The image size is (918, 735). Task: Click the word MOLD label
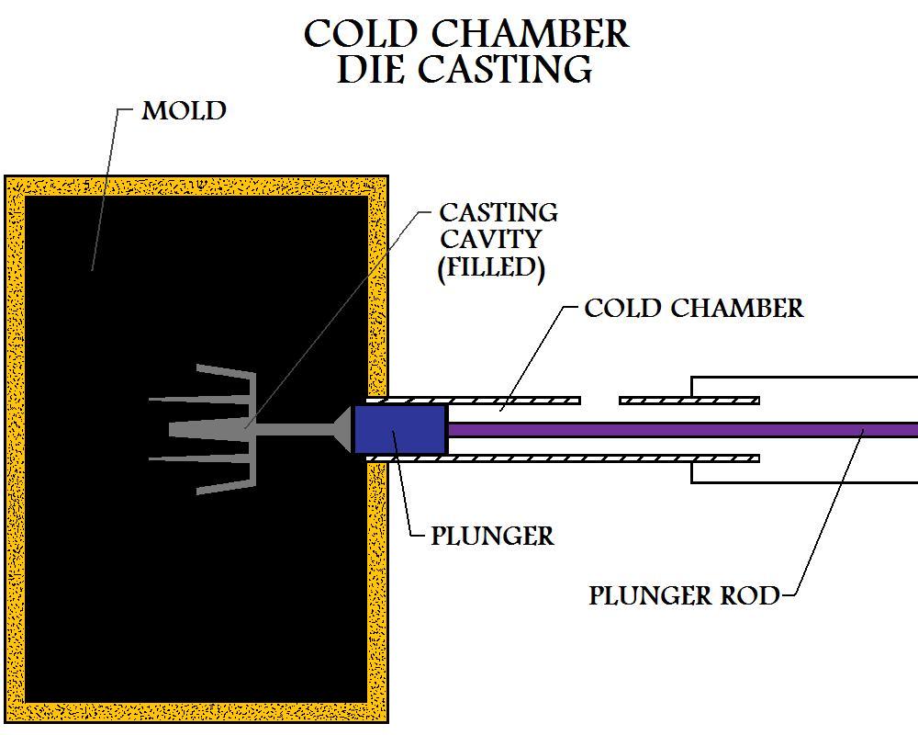pos(184,111)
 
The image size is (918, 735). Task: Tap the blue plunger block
pos(400,430)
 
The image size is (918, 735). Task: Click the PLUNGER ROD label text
pos(684,595)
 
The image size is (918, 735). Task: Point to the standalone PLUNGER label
pos(493,535)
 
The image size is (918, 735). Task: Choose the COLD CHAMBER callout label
pos(694,308)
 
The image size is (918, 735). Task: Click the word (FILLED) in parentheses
pos(487,267)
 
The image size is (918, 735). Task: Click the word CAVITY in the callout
pos(490,239)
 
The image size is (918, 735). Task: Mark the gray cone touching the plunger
pos(342,429)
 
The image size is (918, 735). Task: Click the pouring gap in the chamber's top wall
pos(600,400)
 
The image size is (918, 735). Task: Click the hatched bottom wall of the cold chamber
pos(560,458)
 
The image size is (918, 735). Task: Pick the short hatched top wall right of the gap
pos(688,400)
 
